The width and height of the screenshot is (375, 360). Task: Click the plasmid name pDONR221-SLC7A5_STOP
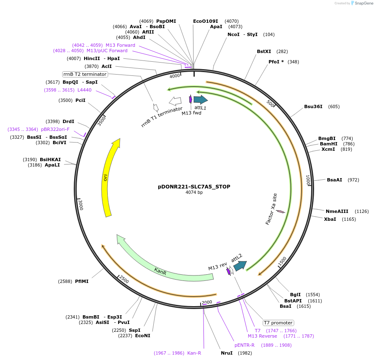click(194, 187)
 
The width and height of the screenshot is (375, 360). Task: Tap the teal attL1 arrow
click(201, 99)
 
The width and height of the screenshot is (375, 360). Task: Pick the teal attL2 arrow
click(240, 266)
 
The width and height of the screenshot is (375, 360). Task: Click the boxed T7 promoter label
click(278, 323)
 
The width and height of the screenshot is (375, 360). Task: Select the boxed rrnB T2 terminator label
click(85, 74)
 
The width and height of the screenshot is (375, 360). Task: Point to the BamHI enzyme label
click(329, 144)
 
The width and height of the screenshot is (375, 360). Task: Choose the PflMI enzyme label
click(82, 281)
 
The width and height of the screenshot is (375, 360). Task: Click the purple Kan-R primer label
click(194, 353)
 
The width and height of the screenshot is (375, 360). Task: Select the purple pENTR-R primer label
click(244, 345)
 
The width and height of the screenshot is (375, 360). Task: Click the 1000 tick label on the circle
click(308, 180)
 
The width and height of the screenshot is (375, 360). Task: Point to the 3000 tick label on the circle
click(81, 205)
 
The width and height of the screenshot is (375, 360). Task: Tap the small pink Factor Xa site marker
click(281, 212)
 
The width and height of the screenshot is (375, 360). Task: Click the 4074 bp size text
click(194, 192)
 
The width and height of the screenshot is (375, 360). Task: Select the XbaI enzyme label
click(330, 219)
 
